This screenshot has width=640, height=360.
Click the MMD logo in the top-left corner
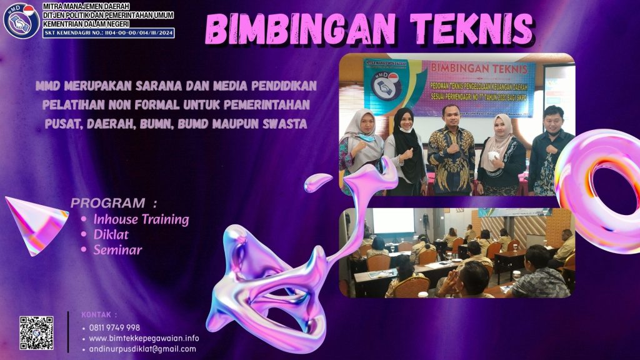click(x=21, y=21)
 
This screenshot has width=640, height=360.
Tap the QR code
click(x=36, y=332)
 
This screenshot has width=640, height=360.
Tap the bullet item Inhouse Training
click(x=141, y=219)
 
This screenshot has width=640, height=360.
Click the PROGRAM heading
click(x=107, y=203)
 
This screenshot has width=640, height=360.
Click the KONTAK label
click(x=99, y=315)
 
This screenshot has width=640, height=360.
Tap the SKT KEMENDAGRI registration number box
click(x=109, y=32)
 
